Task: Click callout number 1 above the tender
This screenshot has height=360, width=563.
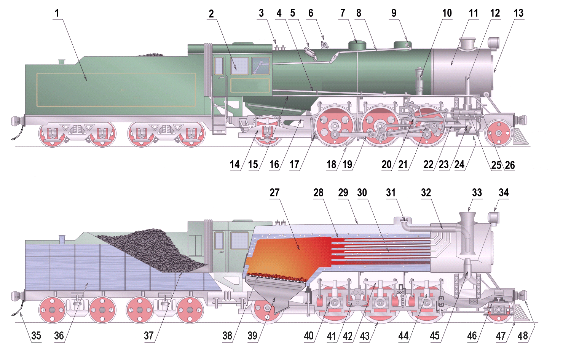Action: click(57, 13)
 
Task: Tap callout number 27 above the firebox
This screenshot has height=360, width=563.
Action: click(274, 193)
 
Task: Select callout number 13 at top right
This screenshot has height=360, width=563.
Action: click(518, 13)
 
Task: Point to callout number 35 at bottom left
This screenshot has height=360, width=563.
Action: click(36, 336)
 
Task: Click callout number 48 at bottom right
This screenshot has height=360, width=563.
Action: click(523, 336)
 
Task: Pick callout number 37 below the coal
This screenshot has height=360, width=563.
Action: click(149, 336)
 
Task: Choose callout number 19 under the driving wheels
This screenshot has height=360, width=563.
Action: click(347, 164)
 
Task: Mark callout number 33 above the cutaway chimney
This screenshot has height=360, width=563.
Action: click(477, 193)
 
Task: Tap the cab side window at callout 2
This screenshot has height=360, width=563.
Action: click(240, 65)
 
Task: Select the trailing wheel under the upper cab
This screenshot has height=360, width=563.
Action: click(267, 131)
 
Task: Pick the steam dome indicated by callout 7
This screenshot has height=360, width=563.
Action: click(357, 45)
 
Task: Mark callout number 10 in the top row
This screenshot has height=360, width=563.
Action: click(447, 13)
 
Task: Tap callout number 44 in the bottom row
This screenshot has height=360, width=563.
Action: click(404, 336)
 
